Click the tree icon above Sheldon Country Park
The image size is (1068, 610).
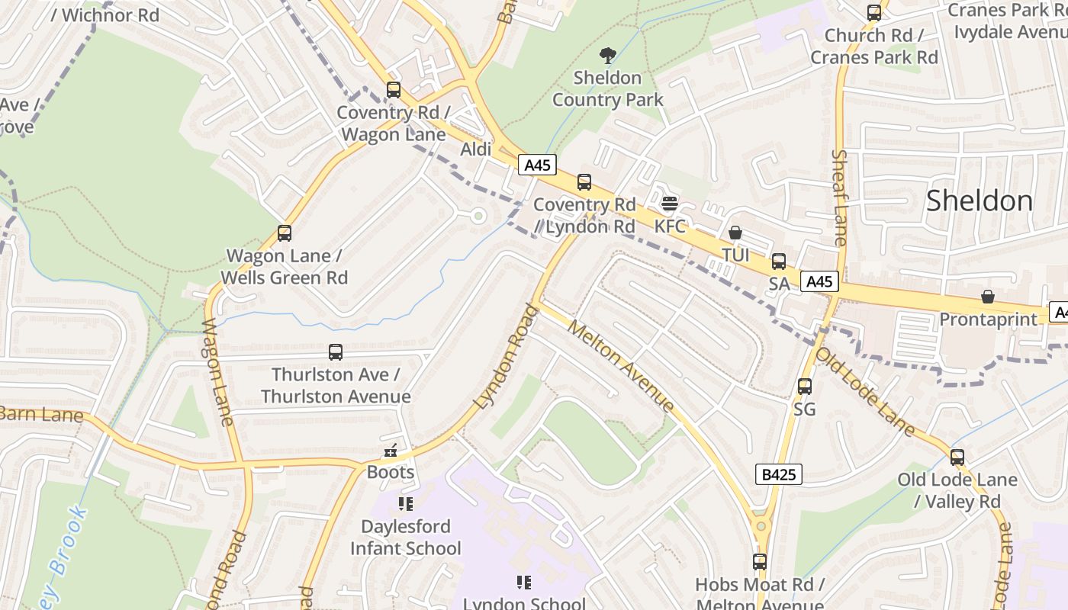click(x=607, y=55)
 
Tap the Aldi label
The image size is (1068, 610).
click(x=476, y=149)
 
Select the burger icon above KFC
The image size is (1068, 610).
click(x=670, y=204)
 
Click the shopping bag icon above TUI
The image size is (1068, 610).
click(x=735, y=233)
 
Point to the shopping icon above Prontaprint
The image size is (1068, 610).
click(x=988, y=297)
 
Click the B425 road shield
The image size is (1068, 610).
click(x=779, y=474)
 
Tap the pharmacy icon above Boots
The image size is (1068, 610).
click(x=391, y=451)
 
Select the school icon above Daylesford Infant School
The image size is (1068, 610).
click(x=405, y=504)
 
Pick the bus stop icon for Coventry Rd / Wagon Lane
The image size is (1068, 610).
click(x=393, y=90)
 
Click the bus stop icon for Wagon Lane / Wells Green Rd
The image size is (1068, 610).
click(x=285, y=233)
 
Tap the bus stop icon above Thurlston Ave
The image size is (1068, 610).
click(x=336, y=352)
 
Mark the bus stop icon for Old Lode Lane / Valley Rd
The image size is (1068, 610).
click(x=957, y=457)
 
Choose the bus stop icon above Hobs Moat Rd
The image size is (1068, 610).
click(x=760, y=562)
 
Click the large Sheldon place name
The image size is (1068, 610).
click(x=980, y=201)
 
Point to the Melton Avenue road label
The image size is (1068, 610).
click(x=622, y=368)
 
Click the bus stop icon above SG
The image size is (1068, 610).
click(x=805, y=387)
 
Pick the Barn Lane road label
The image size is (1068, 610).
click(x=41, y=415)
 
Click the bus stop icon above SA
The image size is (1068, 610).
click(x=779, y=262)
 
